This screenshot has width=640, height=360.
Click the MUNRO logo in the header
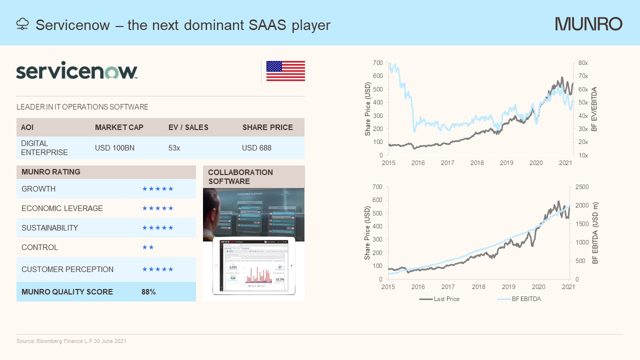(588, 24)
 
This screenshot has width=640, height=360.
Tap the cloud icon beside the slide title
(22, 24)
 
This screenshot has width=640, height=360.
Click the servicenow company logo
(76, 71)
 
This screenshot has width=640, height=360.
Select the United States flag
(285, 71)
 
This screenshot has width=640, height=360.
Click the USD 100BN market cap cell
(114, 148)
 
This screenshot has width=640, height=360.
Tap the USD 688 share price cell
(256, 148)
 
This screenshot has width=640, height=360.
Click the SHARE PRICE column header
(267, 127)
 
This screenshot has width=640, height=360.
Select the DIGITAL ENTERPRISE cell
(44, 147)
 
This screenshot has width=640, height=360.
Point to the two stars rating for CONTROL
(148, 247)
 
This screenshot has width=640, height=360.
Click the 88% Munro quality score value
(148, 292)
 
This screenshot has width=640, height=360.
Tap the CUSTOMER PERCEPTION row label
(67, 269)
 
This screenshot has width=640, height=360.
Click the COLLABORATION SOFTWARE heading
(240, 176)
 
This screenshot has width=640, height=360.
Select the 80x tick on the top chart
(583, 63)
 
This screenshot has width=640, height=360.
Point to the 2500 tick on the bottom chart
(582, 187)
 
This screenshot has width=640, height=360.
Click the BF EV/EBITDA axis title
(594, 109)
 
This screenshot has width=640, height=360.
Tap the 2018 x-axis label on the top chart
(477, 163)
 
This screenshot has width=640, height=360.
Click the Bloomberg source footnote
(71, 341)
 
